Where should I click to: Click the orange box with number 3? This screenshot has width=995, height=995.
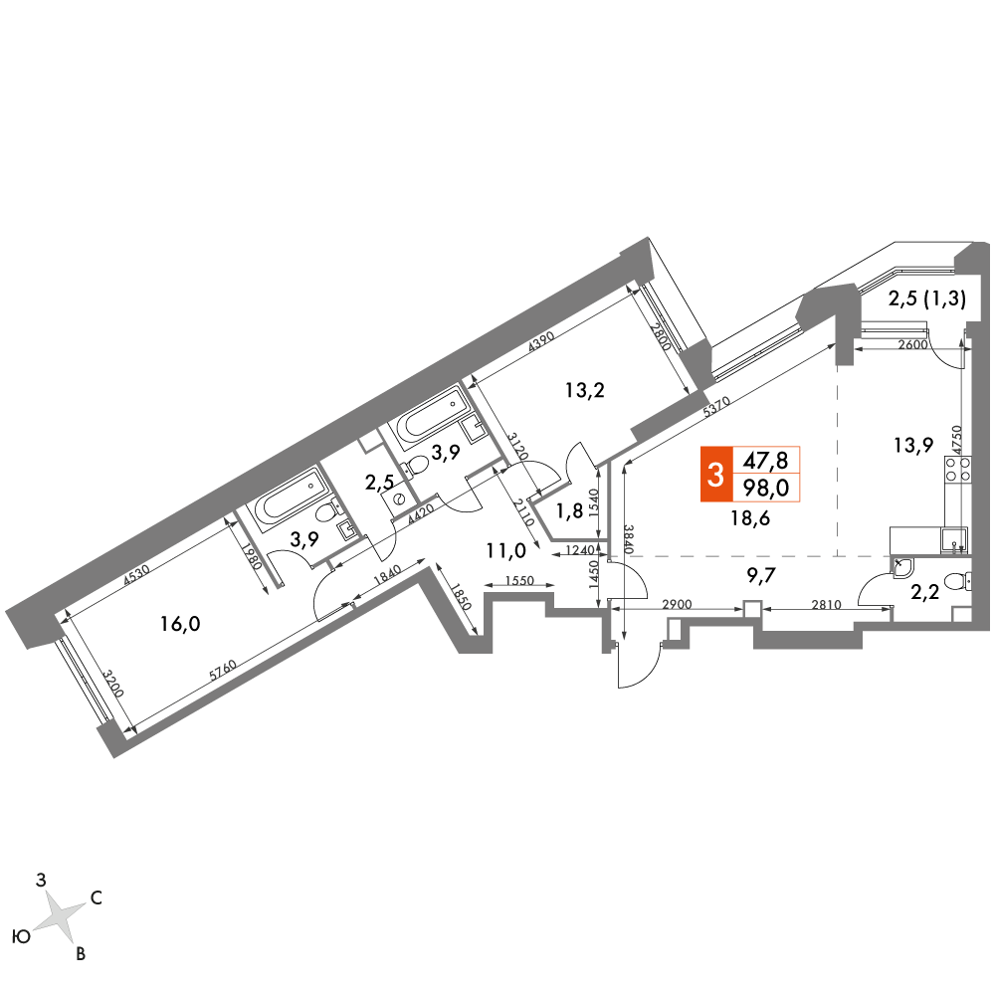(x=715, y=474)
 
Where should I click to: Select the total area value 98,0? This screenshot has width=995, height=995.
(x=766, y=488)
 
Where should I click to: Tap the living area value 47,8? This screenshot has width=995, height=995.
(x=766, y=460)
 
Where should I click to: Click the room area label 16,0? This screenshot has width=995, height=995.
(x=180, y=624)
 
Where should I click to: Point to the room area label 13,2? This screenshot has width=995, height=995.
(x=585, y=390)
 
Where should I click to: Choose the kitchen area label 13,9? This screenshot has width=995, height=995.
(x=913, y=446)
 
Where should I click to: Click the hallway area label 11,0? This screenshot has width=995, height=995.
(x=506, y=551)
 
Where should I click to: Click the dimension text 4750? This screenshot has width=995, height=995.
(x=957, y=439)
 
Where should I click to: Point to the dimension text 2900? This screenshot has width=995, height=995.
(x=677, y=605)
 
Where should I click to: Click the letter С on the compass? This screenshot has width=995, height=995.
(x=97, y=897)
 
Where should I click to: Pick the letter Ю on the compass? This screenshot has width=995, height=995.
(x=22, y=937)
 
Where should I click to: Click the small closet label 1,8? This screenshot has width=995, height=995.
(x=569, y=510)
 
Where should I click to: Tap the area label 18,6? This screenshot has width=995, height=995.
(x=750, y=518)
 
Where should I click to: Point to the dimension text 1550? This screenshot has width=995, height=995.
(x=520, y=580)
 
